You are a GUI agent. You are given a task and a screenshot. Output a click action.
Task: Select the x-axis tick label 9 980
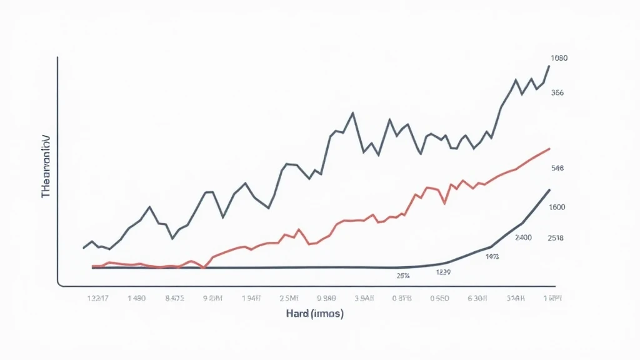coord(326,298)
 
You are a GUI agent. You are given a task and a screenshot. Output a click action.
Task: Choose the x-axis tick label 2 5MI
coord(289,298)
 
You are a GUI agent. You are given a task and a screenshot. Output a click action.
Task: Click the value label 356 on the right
coord(557,92)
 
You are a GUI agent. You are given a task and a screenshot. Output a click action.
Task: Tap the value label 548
coord(557,168)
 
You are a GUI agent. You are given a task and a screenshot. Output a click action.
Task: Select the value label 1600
coord(557,207)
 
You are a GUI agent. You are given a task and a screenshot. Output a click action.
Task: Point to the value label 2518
coord(556,237)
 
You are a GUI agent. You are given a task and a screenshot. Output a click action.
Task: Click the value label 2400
coord(523,237)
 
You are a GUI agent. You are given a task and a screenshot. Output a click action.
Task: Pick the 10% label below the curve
coord(492,256)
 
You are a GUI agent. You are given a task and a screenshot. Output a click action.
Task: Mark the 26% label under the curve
coord(403,275)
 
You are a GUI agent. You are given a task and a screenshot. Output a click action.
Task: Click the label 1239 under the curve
coord(444,272)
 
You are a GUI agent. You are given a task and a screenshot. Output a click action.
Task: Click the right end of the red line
coord(549,149)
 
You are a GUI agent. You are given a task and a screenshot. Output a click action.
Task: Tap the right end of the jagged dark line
coord(549,66)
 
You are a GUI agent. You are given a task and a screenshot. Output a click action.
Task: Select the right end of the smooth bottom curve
coord(549,189)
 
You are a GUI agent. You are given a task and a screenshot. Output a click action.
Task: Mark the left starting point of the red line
coord(92,266)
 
